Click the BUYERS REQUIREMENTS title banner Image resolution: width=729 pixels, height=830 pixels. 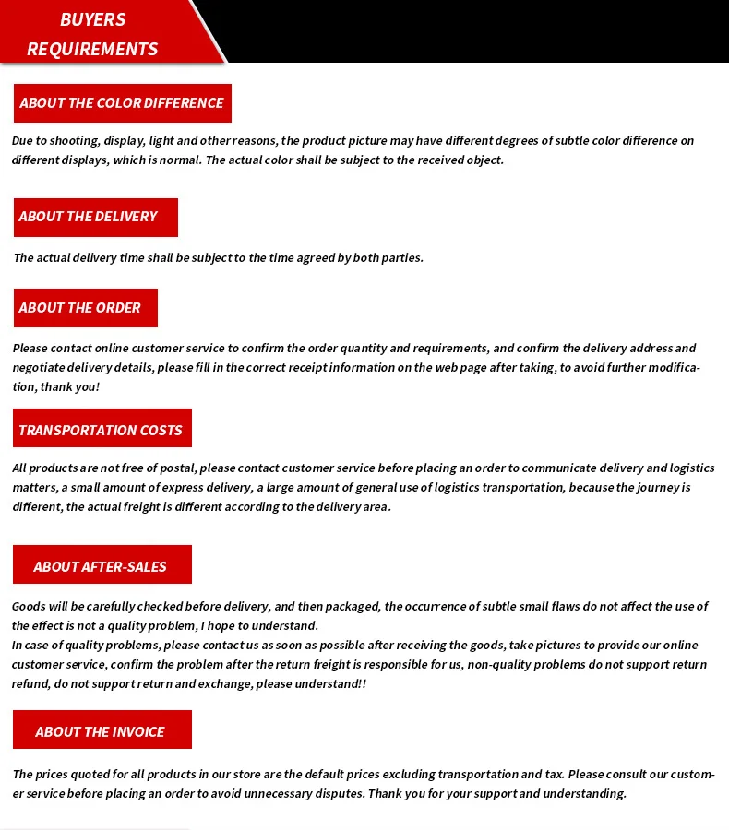click(x=92, y=33)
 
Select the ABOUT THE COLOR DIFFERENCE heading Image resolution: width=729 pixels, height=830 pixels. click(x=122, y=103)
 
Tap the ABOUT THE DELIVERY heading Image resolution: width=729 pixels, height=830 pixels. click(x=89, y=217)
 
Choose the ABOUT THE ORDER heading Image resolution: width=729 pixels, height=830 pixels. click(x=80, y=308)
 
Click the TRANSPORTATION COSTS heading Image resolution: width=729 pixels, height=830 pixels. click(x=101, y=431)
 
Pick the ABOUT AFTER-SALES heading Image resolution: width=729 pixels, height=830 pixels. click(x=101, y=567)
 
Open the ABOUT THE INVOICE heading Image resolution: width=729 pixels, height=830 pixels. click(x=101, y=732)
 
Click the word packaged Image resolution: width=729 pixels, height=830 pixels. click(x=352, y=607)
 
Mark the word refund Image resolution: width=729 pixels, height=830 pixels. click(x=30, y=684)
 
